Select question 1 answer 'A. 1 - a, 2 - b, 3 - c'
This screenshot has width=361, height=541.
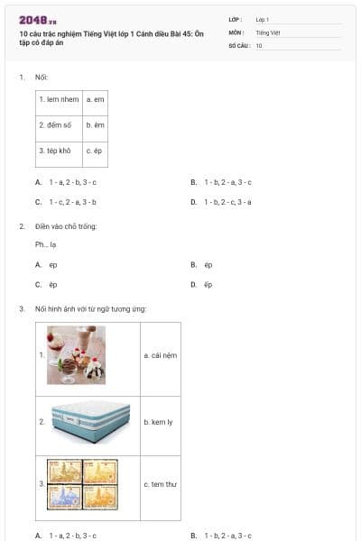(72, 182)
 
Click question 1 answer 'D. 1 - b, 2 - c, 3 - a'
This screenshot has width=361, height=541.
(227, 202)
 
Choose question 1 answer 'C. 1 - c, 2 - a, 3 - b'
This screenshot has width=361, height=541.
(72, 202)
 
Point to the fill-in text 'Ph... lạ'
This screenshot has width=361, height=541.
(46, 243)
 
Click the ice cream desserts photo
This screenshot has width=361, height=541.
(77, 355)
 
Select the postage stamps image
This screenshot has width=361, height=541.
(83, 484)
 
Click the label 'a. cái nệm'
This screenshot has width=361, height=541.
(160, 355)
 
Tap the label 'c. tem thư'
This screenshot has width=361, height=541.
(160, 484)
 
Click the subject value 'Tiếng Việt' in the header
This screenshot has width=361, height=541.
(268, 32)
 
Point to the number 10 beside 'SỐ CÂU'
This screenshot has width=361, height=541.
(259, 45)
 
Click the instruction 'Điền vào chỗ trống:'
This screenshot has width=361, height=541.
(66, 225)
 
